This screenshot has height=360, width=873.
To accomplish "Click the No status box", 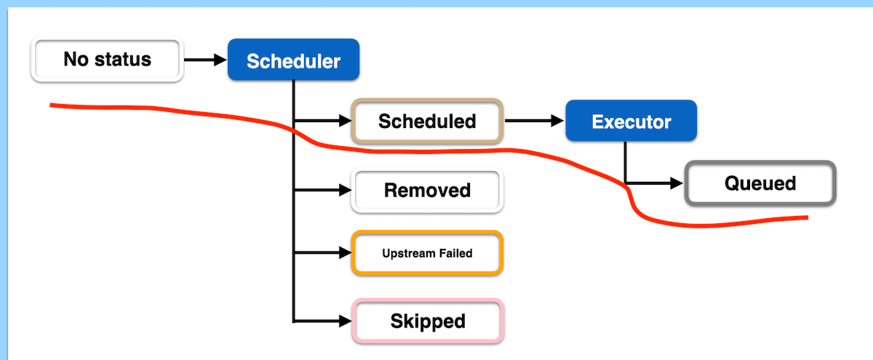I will tap(106, 60).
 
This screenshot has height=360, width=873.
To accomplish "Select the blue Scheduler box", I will tap(293, 60).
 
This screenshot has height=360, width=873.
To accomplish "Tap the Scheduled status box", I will tap(427, 121).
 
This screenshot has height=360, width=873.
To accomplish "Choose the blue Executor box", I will tap(631, 121).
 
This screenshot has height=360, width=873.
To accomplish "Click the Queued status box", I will tap(760, 183).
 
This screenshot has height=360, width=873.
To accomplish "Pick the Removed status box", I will tap(427, 191).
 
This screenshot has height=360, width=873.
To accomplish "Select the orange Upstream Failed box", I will tap(427, 253).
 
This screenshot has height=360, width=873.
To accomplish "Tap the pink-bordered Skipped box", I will tap(427, 321).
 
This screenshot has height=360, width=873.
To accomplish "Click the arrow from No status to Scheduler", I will tap(205, 60).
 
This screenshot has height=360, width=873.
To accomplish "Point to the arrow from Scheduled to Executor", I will tap(534, 121).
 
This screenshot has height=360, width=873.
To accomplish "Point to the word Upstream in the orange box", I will tap(408, 253).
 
